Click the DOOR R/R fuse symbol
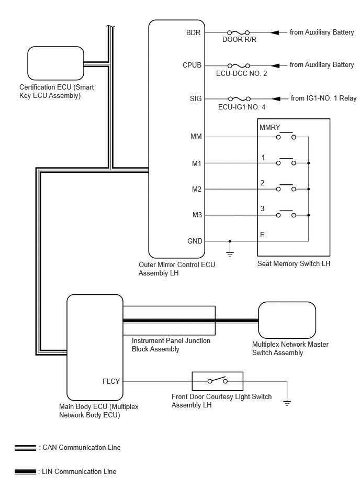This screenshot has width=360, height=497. (x=239, y=32)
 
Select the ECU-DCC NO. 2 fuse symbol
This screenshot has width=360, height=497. (x=239, y=65)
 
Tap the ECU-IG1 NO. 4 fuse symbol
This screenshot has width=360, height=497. (x=239, y=99)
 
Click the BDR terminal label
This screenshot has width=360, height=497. (x=193, y=32)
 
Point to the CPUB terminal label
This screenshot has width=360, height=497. (x=192, y=65)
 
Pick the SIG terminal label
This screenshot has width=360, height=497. (x=196, y=98)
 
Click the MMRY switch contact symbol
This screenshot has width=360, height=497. (x=286, y=136)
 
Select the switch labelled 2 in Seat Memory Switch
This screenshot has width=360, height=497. (x=286, y=187)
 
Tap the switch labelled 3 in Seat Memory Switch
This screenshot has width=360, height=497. (x=286, y=214)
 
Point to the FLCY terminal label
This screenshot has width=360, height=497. (x=111, y=381)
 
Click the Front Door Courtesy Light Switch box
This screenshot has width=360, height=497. (x=218, y=381)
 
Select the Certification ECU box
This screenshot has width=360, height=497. (x=55, y=63)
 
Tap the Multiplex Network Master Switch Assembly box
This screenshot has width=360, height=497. (x=287, y=320)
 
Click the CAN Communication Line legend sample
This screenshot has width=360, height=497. (x=25, y=448)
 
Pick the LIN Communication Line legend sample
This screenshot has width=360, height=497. (x=25, y=472)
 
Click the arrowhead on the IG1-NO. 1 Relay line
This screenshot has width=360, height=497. (x=276, y=99)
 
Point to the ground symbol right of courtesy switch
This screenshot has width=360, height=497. (x=287, y=403)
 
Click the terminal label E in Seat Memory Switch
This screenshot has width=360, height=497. (x=262, y=235)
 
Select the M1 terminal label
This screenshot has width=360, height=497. (x=197, y=163)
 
